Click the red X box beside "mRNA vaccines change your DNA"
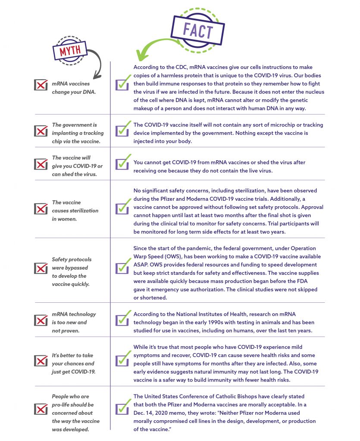coord(41,84)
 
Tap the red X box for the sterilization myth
coord(41,209)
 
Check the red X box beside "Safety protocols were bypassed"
coord(41,268)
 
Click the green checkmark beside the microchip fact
coord(123,128)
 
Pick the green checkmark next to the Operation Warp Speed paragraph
coord(123,266)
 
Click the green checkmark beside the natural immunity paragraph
coord(123,358)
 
